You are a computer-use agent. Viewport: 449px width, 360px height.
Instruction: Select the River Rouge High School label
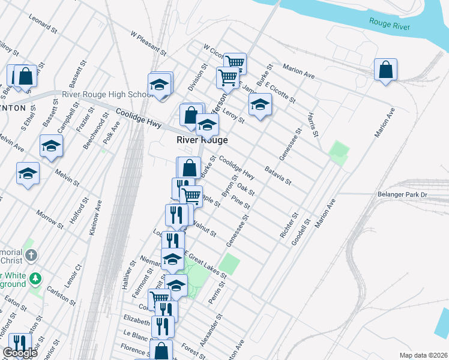pyautogui.click(x=107, y=95)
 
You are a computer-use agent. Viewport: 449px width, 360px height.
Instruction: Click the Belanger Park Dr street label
pyautogui.click(x=402, y=194)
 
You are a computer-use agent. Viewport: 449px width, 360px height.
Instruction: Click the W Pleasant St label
pyautogui.click(x=149, y=41)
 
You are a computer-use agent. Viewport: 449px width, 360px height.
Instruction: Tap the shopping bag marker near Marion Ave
pyautogui.click(x=385, y=70)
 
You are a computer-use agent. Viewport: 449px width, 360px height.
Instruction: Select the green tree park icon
pyautogui.click(x=36, y=278)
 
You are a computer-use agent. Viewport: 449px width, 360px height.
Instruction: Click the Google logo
pyautogui.click(x=20, y=353)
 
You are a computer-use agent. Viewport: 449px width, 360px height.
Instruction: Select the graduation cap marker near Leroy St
pyautogui.click(x=260, y=105)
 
